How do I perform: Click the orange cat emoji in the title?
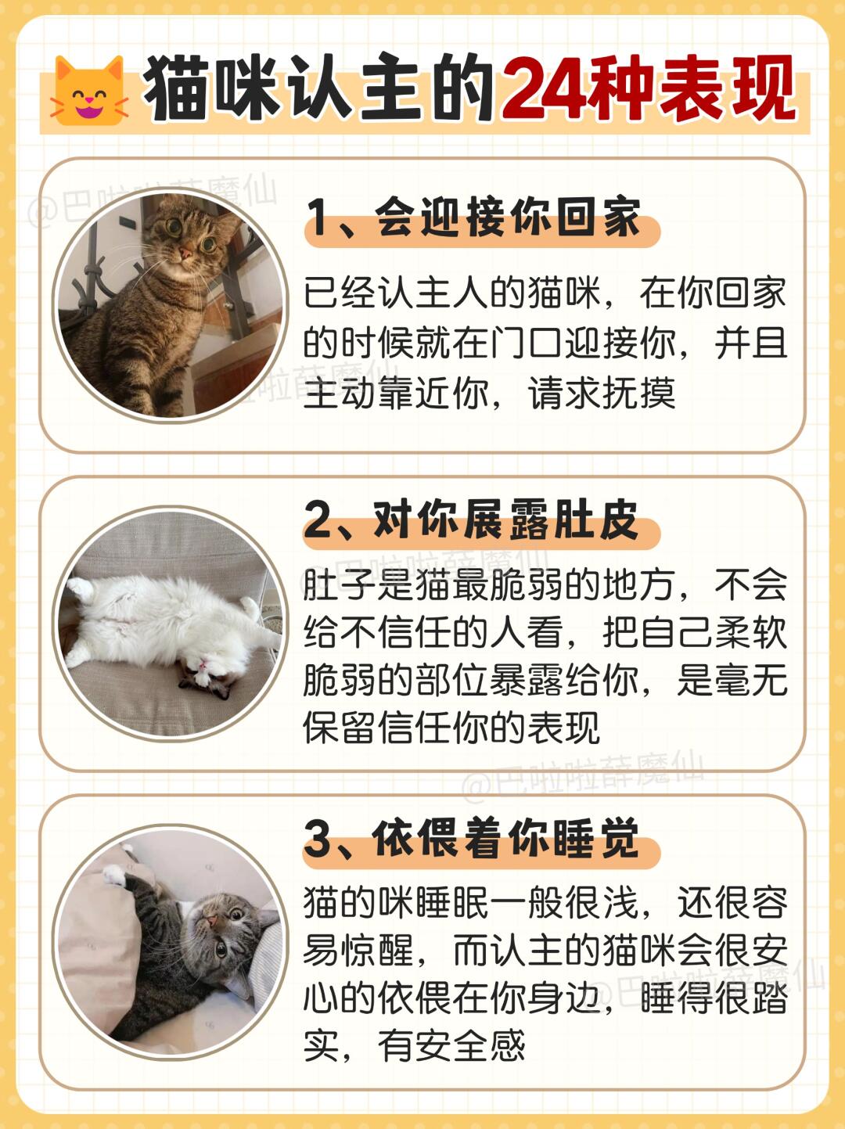(x=89, y=92)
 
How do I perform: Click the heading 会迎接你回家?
(x=508, y=218)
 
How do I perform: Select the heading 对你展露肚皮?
(x=505, y=520)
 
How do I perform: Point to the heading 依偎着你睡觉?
(x=505, y=839)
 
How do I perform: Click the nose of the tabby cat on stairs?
(x=185, y=253)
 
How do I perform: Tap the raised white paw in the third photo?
(x=115, y=875)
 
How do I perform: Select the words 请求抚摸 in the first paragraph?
(x=602, y=394)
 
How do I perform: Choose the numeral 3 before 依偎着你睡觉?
(x=319, y=840)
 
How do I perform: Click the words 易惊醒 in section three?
(x=359, y=950)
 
